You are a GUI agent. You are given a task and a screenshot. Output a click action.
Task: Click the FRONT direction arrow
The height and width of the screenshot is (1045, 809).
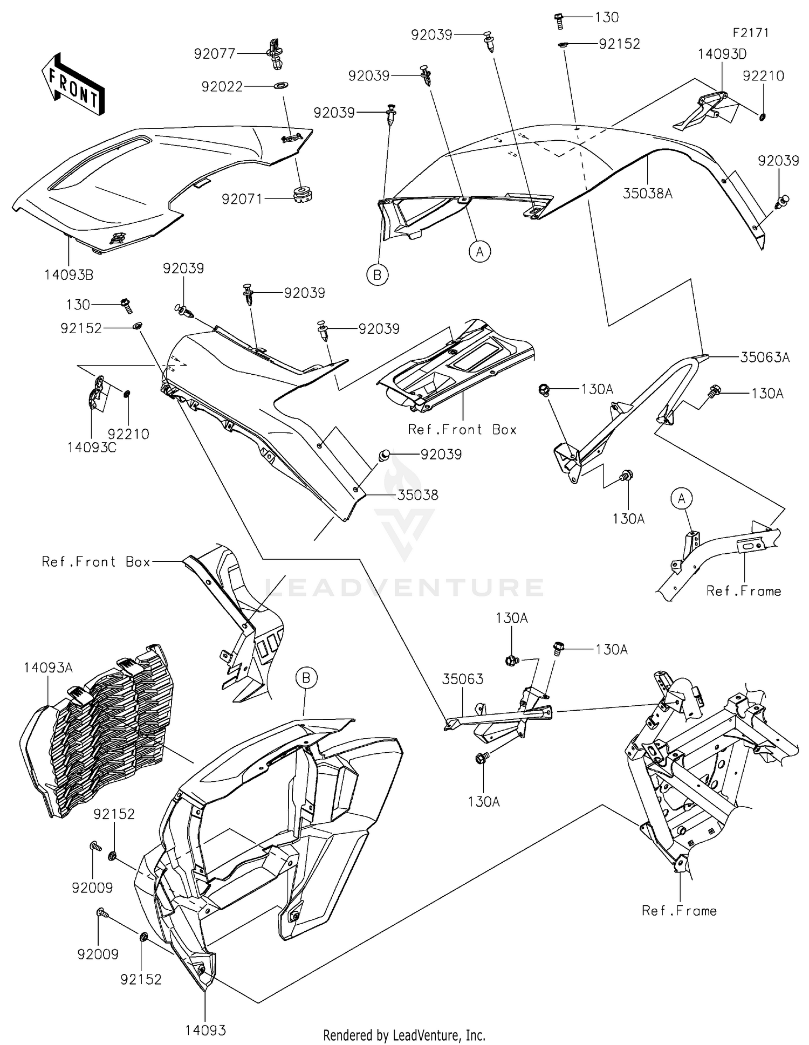click(x=73, y=84)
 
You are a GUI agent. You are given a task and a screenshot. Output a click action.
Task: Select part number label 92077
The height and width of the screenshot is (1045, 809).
click(x=215, y=53)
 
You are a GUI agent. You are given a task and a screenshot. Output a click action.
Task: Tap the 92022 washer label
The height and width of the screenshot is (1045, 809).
click(x=222, y=86)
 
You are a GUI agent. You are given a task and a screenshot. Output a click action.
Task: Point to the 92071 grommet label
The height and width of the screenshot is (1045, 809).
click(x=242, y=199)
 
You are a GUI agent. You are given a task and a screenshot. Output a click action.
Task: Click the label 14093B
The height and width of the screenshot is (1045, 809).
click(x=68, y=275)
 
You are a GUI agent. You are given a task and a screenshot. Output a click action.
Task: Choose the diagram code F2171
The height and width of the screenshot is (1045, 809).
click(x=750, y=32)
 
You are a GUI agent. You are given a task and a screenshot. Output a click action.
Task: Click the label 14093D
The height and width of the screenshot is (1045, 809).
click(x=722, y=54)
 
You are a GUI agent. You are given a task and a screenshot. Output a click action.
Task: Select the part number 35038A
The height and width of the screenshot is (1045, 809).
click(x=647, y=194)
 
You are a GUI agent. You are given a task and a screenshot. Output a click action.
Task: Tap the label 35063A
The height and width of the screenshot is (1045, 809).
click(x=764, y=357)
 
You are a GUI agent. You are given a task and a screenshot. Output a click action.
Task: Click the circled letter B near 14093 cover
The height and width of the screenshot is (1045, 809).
click(x=306, y=678)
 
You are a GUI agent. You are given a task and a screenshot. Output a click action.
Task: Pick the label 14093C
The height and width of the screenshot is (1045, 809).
click(x=92, y=448)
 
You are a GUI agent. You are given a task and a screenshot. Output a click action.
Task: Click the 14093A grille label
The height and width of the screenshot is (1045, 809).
click(x=48, y=668)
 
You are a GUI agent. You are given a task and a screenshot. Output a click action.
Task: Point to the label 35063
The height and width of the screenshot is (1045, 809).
click(x=463, y=679)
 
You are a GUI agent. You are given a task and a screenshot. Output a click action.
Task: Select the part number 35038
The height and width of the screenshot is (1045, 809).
click(x=417, y=495)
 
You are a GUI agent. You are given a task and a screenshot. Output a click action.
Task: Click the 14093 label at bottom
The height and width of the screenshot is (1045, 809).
click(x=205, y=1030)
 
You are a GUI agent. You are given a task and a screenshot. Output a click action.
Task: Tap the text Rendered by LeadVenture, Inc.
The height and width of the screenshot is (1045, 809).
click(x=404, y=1035)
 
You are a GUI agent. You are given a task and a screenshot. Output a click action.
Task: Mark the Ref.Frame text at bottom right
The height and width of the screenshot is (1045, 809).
click(x=678, y=911)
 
